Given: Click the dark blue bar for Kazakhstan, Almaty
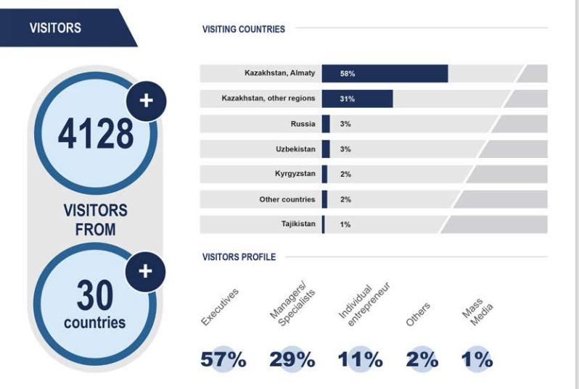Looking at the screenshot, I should (385, 74).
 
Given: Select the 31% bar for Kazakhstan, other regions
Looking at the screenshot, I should (357, 99).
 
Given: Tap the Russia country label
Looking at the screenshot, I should (303, 125).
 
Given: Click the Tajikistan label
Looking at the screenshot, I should (298, 225).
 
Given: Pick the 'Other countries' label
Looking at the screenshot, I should (287, 199).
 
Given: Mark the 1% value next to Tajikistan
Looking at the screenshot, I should (345, 225).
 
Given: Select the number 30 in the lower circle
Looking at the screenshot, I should (94, 295).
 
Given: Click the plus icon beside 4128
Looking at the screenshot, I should (147, 101).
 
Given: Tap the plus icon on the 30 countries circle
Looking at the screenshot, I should (146, 271).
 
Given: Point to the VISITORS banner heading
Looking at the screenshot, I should (55, 28).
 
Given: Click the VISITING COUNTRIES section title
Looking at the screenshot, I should (243, 30).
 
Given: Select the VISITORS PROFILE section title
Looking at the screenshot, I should (239, 257).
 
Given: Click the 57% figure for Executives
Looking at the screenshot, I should (223, 359).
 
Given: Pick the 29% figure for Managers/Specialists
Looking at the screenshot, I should (292, 359).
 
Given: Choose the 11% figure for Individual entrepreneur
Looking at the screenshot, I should (360, 359).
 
